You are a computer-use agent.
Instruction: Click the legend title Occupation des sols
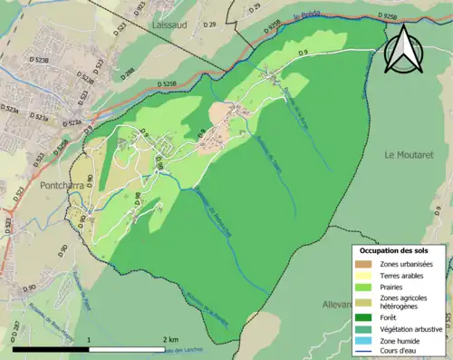(x=399, y=250)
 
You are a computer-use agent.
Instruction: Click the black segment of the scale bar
(x=51, y=348)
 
